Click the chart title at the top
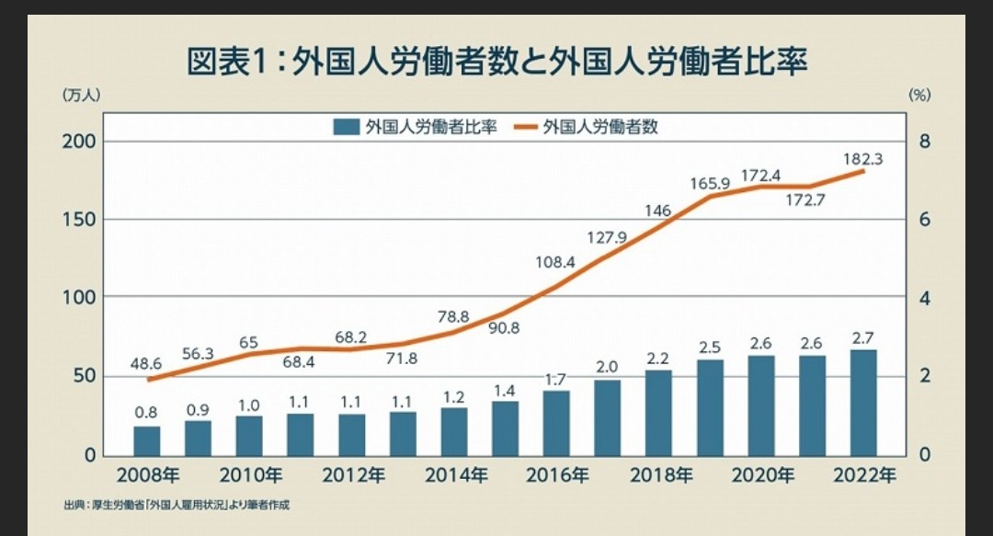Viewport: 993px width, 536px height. click(496, 63)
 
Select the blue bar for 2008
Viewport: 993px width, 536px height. click(147, 439)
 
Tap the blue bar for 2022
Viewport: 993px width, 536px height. click(862, 402)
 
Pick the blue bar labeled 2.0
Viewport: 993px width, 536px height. click(607, 416)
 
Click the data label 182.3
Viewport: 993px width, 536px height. click(862, 158)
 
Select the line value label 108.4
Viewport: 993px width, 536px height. click(555, 261)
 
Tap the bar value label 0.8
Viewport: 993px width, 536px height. click(146, 413)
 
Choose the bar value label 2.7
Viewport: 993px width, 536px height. click(862, 336)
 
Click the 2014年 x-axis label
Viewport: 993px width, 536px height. click(455, 475)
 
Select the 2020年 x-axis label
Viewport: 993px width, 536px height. click(762, 475)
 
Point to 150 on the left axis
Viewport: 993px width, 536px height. click(79, 220)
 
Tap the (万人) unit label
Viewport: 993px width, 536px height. click(80, 94)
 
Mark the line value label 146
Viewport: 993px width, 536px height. click(657, 210)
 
